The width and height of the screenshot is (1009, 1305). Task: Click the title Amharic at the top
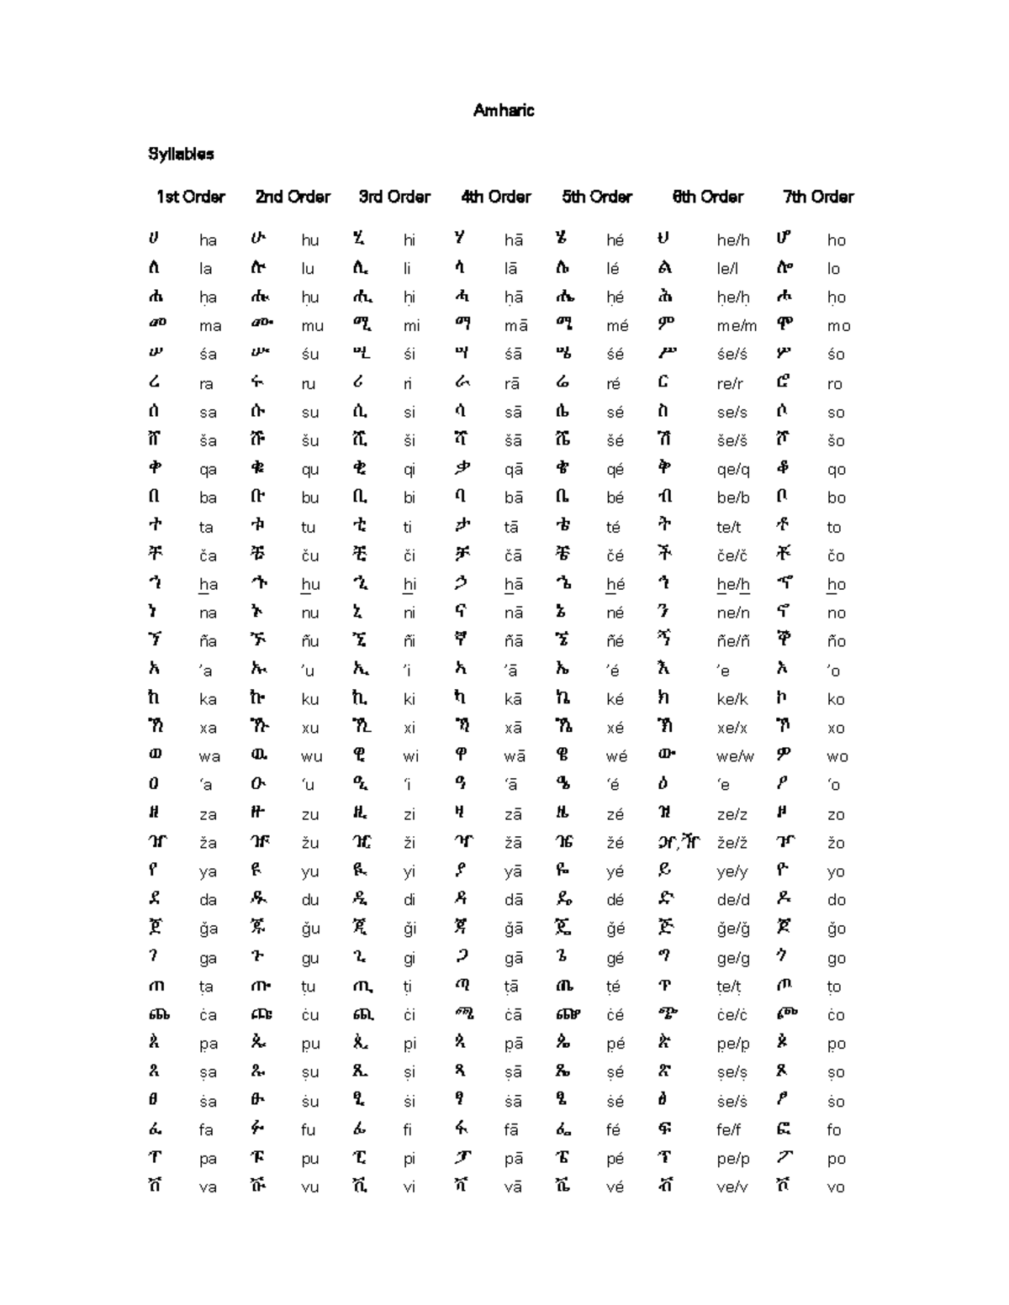(503, 110)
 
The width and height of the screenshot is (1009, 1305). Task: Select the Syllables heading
(181, 154)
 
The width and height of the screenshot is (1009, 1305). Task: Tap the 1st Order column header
(190, 197)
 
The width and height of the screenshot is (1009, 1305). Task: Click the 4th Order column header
(495, 197)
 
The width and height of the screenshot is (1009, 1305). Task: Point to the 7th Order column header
(817, 197)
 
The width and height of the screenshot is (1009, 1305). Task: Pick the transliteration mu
(312, 326)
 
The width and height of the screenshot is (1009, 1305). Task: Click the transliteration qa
(208, 470)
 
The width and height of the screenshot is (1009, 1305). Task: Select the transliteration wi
(410, 756)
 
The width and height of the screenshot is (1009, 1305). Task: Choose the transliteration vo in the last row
(835, 1187)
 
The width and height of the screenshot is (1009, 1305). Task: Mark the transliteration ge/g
(732, 958)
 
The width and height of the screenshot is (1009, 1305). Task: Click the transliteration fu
(309, 1130)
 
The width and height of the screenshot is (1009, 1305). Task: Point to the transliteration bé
(615, 497)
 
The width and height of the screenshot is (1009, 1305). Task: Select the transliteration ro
(834, 383)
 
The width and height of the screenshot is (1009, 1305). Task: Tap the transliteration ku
(310, 699)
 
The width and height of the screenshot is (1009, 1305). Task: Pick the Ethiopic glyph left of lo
(784, 267)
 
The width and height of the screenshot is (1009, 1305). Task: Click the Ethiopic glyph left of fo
(784, 1129)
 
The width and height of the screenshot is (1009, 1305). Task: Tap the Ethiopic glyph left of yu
(257, 871)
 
